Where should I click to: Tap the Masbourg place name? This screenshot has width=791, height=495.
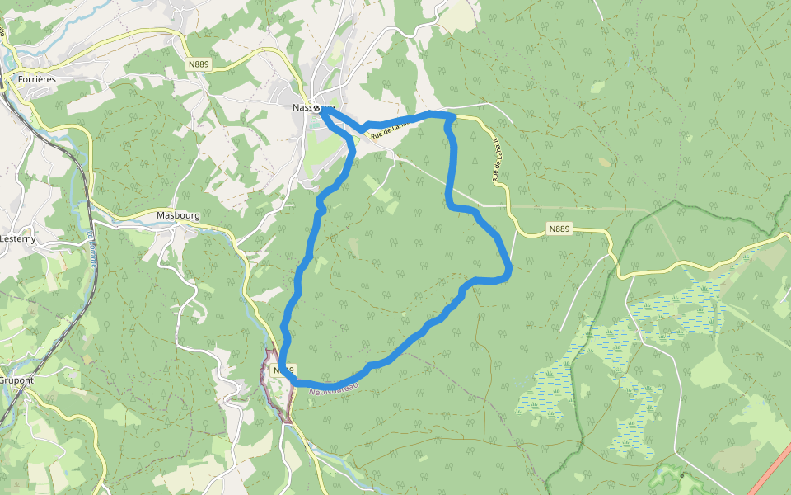178,216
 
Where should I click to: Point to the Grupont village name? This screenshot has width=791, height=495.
16,381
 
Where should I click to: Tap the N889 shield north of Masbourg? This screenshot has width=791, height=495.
199,64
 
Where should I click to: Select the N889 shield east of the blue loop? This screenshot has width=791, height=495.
558,229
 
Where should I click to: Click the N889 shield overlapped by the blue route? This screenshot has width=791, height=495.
283,370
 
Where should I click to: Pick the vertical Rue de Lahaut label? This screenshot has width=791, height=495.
497,159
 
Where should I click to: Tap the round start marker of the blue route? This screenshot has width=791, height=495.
316,108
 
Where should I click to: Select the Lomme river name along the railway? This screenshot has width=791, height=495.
90,245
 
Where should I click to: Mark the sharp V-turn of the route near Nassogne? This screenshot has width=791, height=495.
363,127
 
